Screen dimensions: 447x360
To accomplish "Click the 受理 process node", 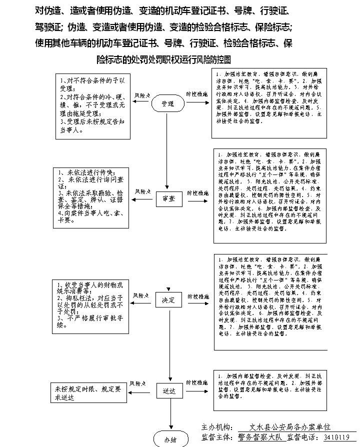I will (x=167, y=103).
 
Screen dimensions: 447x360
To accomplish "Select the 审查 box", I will (x=168, y=198).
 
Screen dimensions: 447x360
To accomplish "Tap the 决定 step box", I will (x=168, y=300).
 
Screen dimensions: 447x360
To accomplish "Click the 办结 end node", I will (x=170, y=440).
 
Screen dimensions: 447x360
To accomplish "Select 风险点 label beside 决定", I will (x=142, y=295).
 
